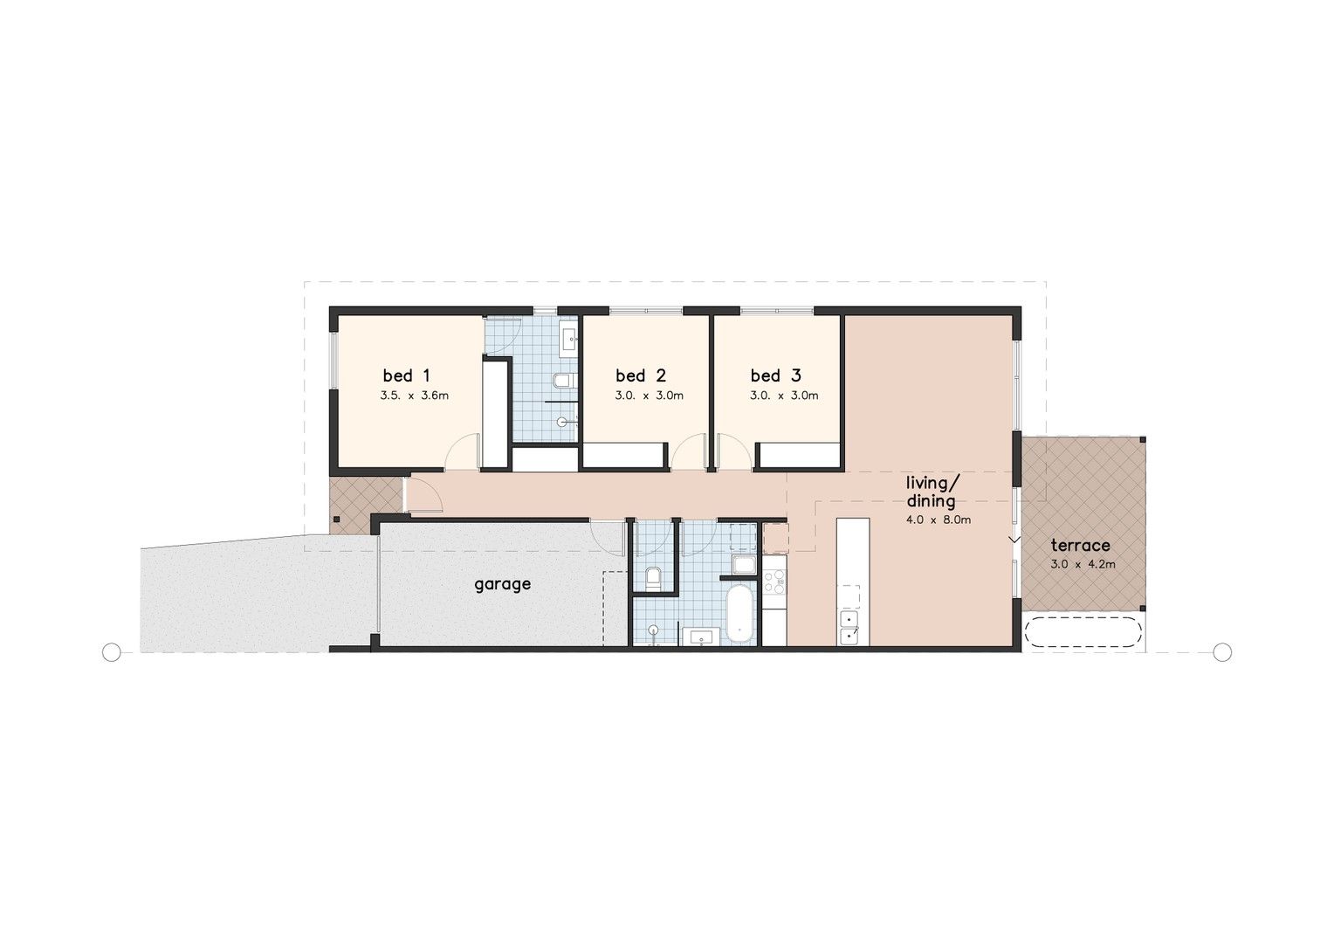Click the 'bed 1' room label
(x=406, y=376)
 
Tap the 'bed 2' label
(x=641, y=376)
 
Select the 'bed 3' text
(x=775, y=376)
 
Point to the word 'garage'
(x=502, y=584)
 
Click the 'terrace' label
(x=1081, y=546)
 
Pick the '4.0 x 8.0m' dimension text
(x=939, y=520)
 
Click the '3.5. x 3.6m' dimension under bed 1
(x=414, y=396)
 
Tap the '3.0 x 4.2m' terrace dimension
(x=1083, y=564)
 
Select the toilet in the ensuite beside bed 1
(x=562, y=381)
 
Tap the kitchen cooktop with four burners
(x=774, y=582)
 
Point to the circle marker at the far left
(x=111, y=651)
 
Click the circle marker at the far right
(x=1222, y=651)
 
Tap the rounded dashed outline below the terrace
(x=1082, y=632)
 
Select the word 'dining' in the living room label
(x=931, y=501)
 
